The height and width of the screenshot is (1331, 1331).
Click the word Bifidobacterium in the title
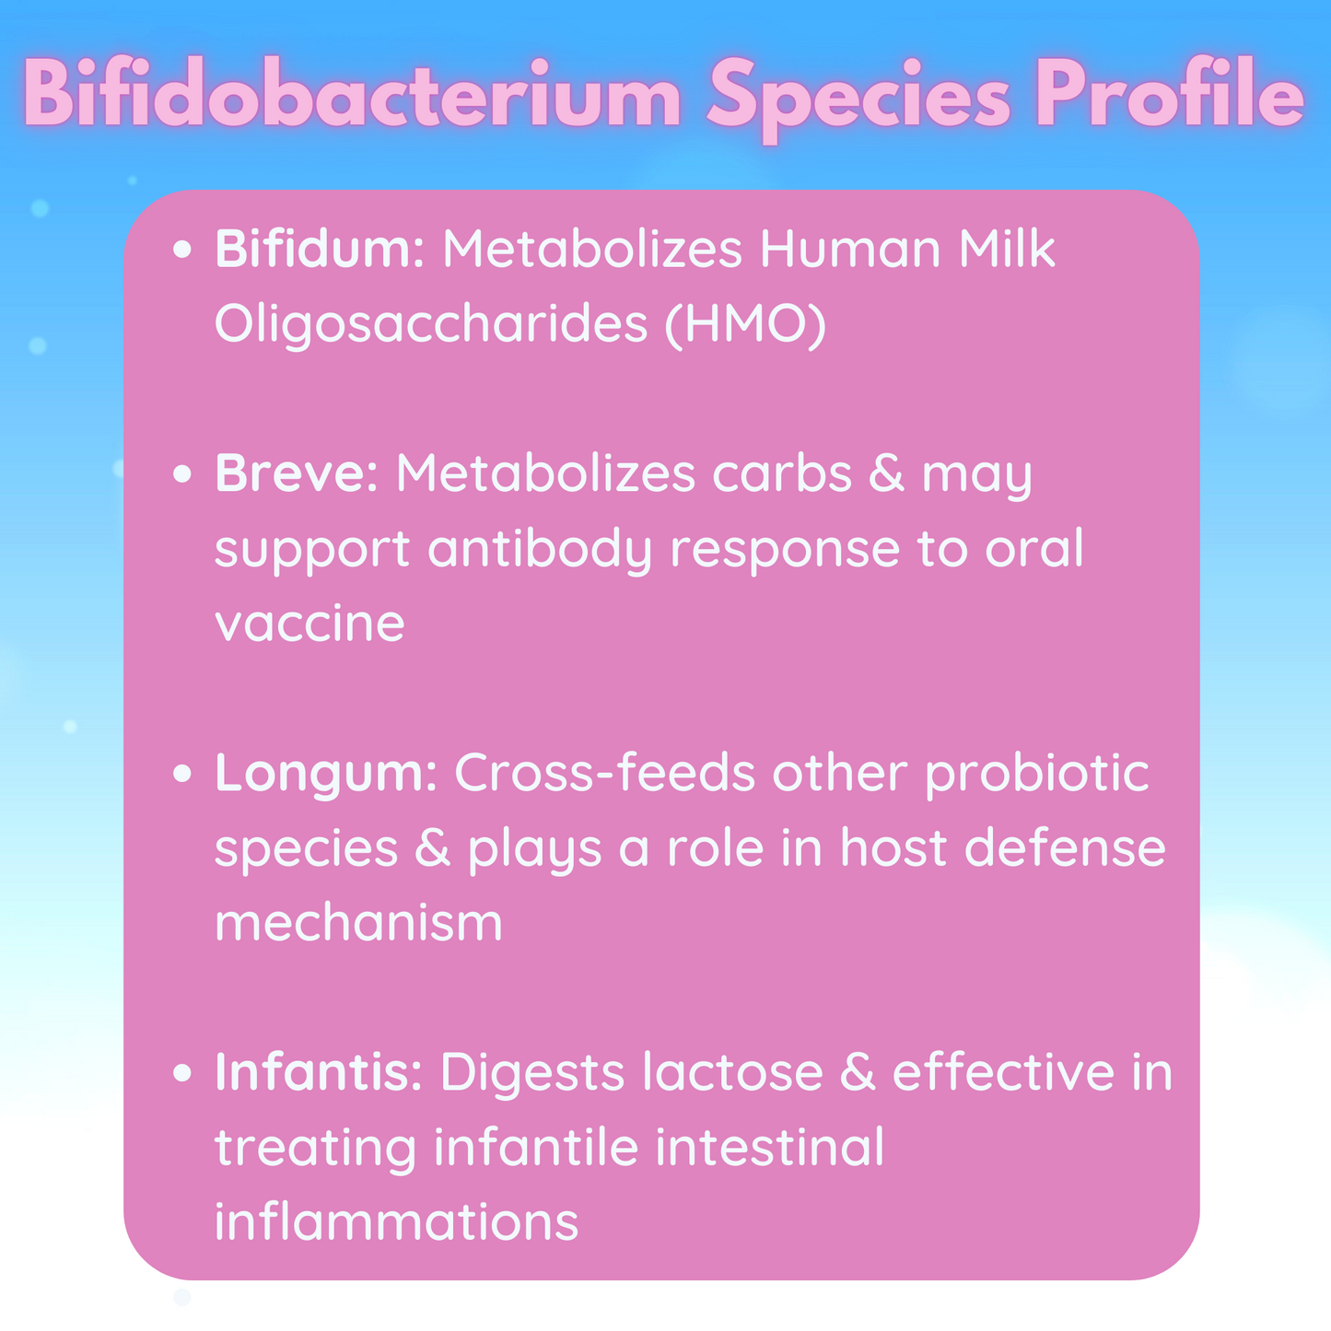click(352, 92)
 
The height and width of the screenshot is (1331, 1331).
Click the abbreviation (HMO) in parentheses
click(745, 324)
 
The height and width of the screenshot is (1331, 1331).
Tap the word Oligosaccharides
click(431, 324)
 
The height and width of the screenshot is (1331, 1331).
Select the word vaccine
click(309, 624)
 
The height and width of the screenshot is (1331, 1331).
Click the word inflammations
click(396, 1221)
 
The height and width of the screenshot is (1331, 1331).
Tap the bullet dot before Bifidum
click(181, 250)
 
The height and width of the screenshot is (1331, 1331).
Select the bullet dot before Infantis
click(181, 1073)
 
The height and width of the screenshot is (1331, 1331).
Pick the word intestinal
click(769, 1146)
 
